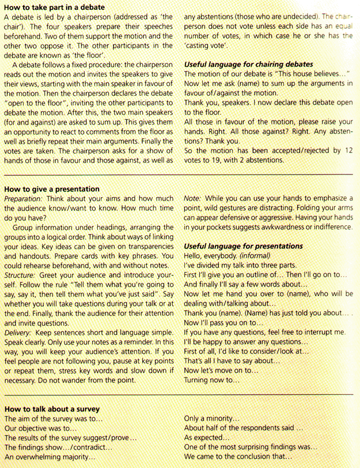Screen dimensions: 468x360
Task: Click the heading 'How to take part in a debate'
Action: pyautogui.click(x=54, y=7)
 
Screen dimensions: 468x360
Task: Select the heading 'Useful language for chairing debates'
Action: pyautogui.click(x=248, y=64)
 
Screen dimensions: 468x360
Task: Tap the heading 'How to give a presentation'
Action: pyautogui.click(x=52, y=189)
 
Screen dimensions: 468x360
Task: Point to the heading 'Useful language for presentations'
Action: pyautogui.click(x=243, y=246)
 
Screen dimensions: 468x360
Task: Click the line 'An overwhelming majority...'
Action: pyautogui.click(x=50, y=456)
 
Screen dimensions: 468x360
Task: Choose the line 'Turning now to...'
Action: pyautogui.click(x=211, y=381)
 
